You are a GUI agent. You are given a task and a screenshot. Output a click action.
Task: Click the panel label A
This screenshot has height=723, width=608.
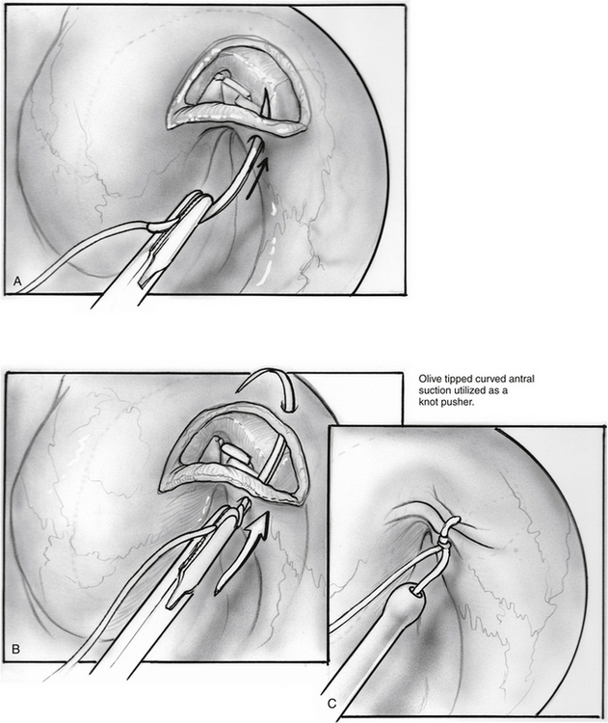(x=17, y=281)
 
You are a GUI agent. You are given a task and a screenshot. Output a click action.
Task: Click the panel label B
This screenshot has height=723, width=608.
(x=15, y=649)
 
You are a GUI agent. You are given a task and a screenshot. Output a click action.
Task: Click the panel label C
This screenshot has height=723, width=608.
(x=331, y=704)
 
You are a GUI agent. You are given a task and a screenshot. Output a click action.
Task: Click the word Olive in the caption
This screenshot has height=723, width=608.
(x=428, y=379)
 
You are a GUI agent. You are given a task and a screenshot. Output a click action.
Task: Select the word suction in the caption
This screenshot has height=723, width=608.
(x=433, y=390)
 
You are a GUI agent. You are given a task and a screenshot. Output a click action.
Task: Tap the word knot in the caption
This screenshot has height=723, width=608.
(x=427, y=402)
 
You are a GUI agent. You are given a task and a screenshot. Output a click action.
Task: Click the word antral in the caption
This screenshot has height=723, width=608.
(x=523, y=379)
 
